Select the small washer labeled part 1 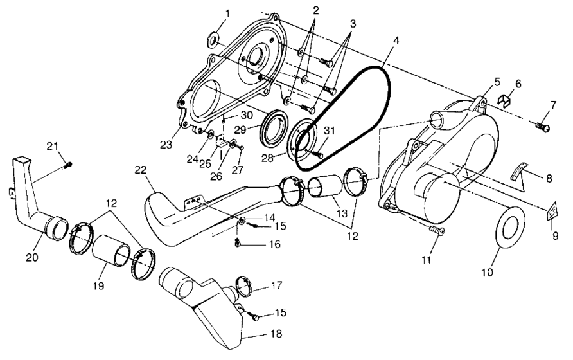pos(213,42)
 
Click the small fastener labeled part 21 pos(69,165)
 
